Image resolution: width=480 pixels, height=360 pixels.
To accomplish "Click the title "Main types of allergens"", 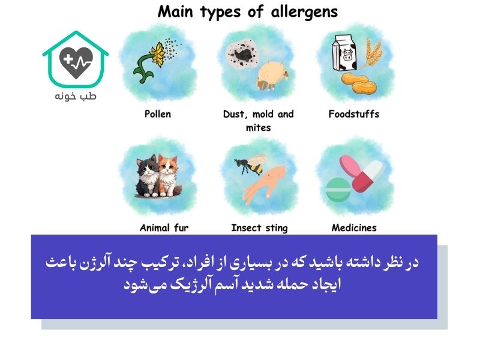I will coord(247,12).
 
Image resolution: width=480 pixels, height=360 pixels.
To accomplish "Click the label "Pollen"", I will coord(158,114).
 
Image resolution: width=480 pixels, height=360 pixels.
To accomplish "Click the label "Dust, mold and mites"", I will coord(259,120).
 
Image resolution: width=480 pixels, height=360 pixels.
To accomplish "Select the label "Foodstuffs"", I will coord(354,114).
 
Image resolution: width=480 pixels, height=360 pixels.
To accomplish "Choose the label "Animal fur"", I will coord(164,228).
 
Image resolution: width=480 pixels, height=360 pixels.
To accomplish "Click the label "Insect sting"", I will coord(259,228).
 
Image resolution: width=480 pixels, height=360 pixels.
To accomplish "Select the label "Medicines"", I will coord(354,228).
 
